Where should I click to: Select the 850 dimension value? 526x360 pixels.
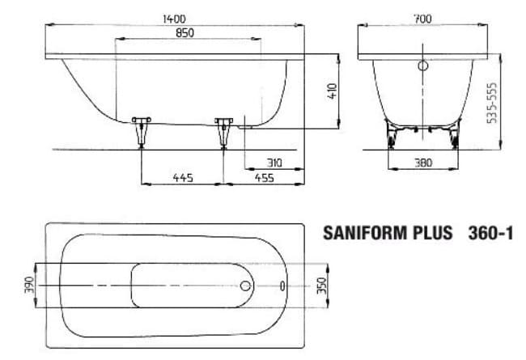coord(188,33)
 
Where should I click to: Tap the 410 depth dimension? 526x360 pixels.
coord(331,91)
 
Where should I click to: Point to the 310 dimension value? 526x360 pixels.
coord(274,163)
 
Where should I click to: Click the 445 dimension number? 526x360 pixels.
coord(182,177)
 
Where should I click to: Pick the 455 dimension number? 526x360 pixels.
coord(264,177)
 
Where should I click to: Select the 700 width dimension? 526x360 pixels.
coord(422,17)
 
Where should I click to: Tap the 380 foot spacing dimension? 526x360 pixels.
coord(422,163)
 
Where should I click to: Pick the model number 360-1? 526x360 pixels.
coord(490,233)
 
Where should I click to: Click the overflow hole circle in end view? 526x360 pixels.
coord(422,68)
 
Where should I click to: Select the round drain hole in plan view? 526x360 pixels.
coord(245,286)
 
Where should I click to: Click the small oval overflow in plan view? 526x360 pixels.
coord(282,286)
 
